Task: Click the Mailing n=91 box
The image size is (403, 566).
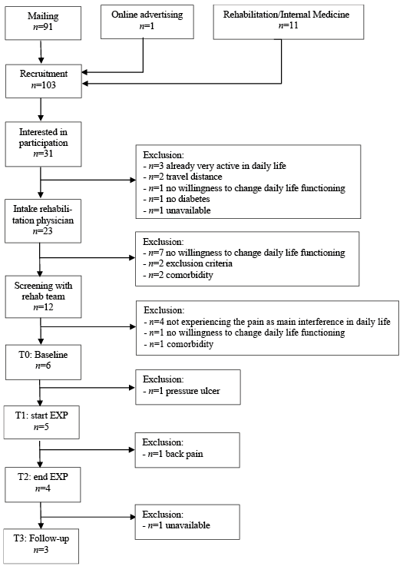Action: (43, 22)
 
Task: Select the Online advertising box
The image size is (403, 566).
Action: (147, 22)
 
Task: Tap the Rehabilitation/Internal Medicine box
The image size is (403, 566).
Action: (289, 22)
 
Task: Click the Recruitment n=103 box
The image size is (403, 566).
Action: (43, 81)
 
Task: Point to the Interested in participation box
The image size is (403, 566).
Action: (43, 144)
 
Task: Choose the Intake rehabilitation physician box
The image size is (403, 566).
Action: (43, 221)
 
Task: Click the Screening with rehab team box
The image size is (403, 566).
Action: (43, 296)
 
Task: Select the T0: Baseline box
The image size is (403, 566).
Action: (43, 362)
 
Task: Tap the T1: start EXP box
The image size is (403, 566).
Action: (41, 422)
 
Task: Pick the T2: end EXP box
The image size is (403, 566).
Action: (42, 485)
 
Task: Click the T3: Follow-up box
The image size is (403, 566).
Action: (41, 546)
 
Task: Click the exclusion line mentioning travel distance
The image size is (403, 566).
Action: (183, 177)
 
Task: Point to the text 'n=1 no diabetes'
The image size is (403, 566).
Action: (177, 199)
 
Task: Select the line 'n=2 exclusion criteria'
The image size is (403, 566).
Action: (187, 263)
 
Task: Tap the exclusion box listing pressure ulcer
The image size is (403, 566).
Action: (188, 387)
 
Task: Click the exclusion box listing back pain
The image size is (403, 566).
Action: (187, 450)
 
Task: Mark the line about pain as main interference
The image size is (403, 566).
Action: (267, 322)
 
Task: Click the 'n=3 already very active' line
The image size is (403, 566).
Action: (215, 166)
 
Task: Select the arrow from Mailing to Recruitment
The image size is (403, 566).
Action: (41, 52)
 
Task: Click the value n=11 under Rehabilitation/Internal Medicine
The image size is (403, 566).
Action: (289, 25)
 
